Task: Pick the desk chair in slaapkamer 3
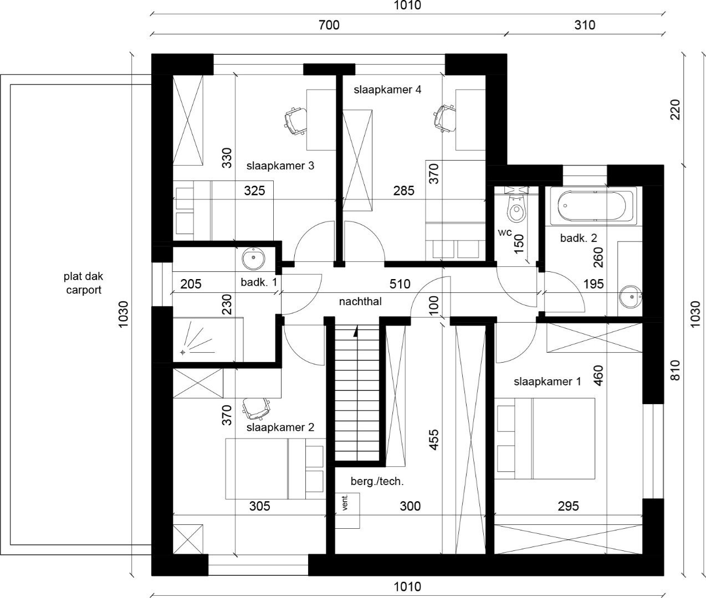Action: coord(295,120)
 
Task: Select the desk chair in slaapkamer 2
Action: coord(256,409)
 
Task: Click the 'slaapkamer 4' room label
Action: coord(387,90)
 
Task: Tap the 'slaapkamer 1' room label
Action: coord(547,382)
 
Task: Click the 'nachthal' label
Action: coord(360,302)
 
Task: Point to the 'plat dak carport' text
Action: coord(83,282)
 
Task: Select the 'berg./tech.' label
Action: coord(377,481)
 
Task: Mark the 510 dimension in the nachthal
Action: coord(400,284)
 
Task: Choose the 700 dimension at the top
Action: coord(329,25)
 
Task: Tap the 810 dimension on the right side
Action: coord(675,370)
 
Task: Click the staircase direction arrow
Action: coord(355,332)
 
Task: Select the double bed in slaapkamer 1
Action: coord(546,438)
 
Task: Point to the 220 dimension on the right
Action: coord(675,110)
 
